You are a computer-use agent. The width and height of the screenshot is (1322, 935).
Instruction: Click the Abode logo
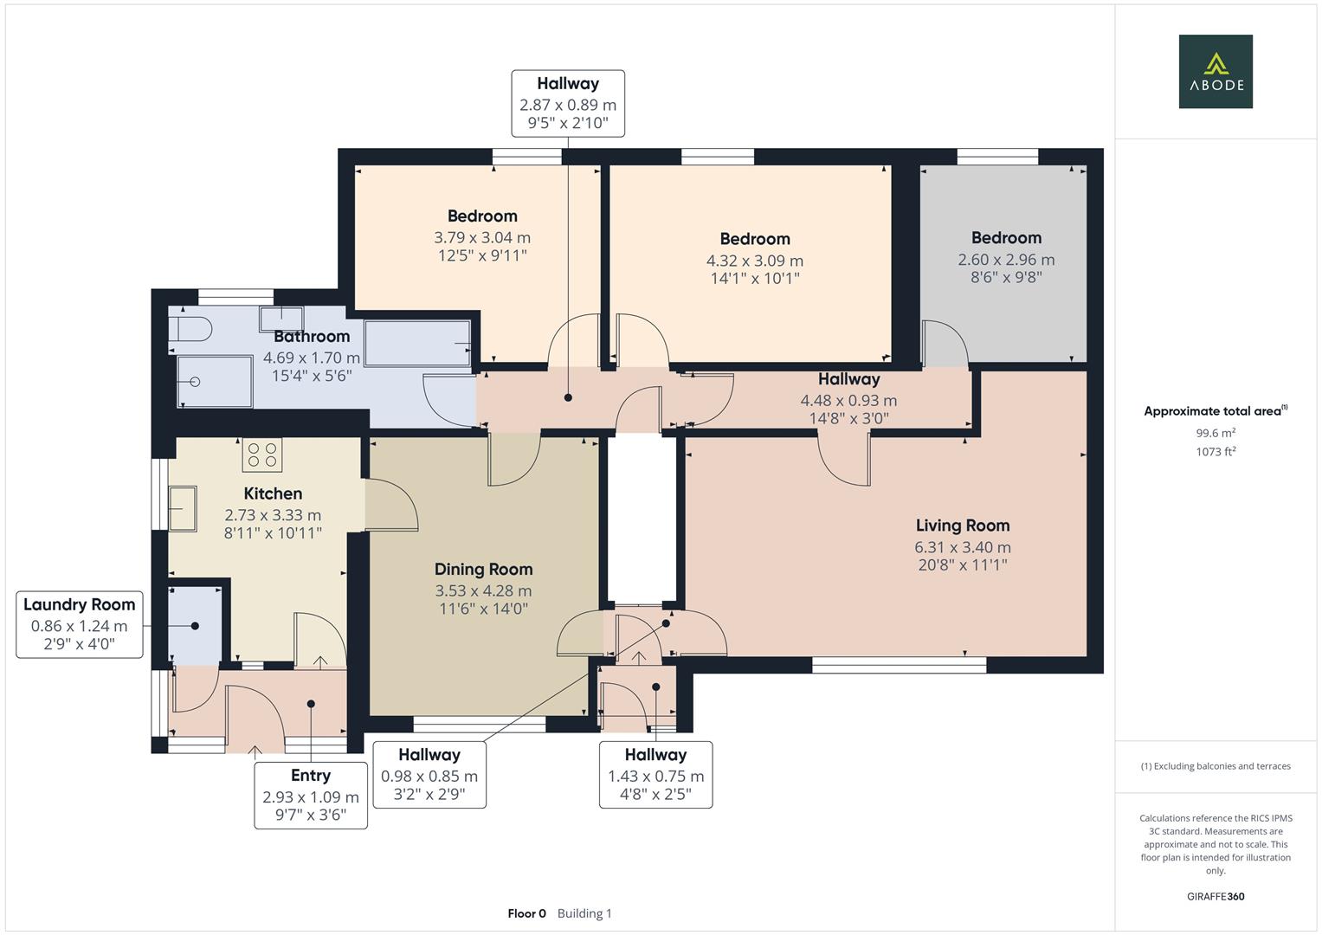pyautogui.click(x=1215, y=72)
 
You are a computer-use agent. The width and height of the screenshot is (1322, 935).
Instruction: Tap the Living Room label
pyautogui.click(x=962, y=526)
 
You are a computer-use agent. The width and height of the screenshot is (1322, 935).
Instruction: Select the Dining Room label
pyautogui.click(x=483, y=570)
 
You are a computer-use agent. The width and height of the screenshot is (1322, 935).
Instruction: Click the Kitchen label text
pyautogui.click(x=273, y=493)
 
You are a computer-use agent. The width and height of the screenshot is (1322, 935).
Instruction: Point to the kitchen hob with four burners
pyautogui.click(x=262, y=455)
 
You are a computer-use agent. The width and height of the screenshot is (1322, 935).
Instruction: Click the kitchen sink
pyautogui.click(x=183, y=507)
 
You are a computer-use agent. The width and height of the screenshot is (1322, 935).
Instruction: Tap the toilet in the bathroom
pyautogui.click(x=190, y=329)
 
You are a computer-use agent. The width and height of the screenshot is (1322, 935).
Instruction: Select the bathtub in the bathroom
pyautogui.click(x=417, y=343)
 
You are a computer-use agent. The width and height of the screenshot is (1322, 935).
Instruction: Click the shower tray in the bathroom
pyautogui.click(x=215, y=382)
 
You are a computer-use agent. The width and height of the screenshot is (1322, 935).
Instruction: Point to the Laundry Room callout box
pyautogui.click(x=79, y=625)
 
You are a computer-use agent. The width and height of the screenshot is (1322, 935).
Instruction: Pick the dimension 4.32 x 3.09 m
pyautogui.click(x=754, y=261)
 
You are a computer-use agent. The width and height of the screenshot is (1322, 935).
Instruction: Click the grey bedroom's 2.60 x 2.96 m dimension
pyautogui.click(x=1005, y=260)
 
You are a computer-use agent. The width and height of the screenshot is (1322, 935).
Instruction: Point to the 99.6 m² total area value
pyautogui.click(x=1215, y=434)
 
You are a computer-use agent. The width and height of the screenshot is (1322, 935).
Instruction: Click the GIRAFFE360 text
pyautogui.click(x=1215, y=896)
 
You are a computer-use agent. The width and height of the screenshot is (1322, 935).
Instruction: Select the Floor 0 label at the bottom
pyautogui.click(x=526, y=913)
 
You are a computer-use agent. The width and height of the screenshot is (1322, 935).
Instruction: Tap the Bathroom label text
pyautogui.click(x=312, y=337)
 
